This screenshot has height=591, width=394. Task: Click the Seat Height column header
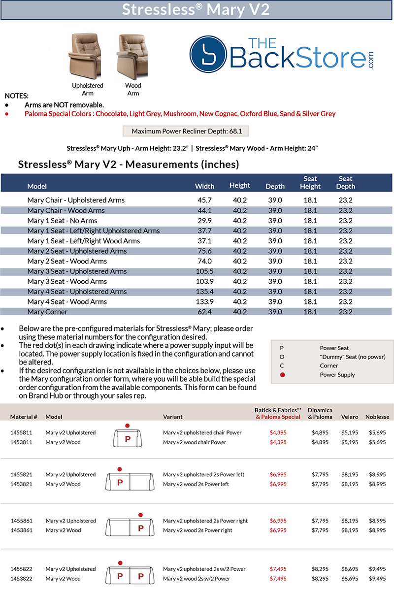[x=310, y=182]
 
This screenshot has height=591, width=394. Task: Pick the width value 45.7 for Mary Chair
[x=204, y=200]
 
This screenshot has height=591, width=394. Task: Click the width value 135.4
[x=204, y=292]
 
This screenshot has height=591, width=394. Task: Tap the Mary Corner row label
[x=47, y=312]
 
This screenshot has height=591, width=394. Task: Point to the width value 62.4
[x=204, y=312]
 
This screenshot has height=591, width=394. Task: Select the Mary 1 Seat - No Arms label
[x=62, y=221]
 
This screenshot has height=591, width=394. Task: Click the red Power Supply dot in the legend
[x=282, y=375]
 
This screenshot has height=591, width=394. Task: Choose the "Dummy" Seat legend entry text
[x=352, y=357]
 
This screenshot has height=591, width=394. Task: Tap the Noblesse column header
[x=377, y=417]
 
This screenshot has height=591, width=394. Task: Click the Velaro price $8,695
[x=351, y=569]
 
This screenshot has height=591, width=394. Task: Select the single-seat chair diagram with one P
[x=127, y=437]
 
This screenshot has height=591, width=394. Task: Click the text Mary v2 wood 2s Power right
[x=205, y=530]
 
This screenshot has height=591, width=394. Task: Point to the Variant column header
[x=173, y=417]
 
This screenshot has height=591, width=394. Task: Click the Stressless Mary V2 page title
[x=196, y=10]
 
